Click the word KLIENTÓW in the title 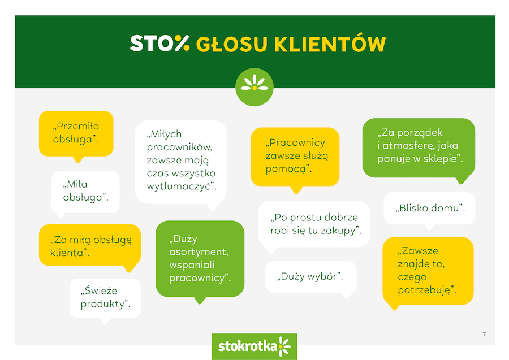pyautogui.click(x=330, y=44)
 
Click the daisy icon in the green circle pyautogui.click(x=255, y=83)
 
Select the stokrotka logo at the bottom pyautogui.click(x=255, y=346)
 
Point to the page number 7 pyautogui.click(x=484, y=335)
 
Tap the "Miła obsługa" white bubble pyautogui.click(x=85, y=192)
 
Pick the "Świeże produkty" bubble pyautogui.click(x=106, y=298)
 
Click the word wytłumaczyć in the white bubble pyautogui.click(x=181, y=186)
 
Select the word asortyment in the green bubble pyautogui.click(x=199, y=252)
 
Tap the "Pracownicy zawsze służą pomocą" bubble pyautogui.click(x=295, y=158)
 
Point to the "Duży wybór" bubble pyautogui.click(x=311, y=277)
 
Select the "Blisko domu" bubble pyautogui.click(x=429, y=209)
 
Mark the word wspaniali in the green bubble pyautogui.click(x=192, y=265)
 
